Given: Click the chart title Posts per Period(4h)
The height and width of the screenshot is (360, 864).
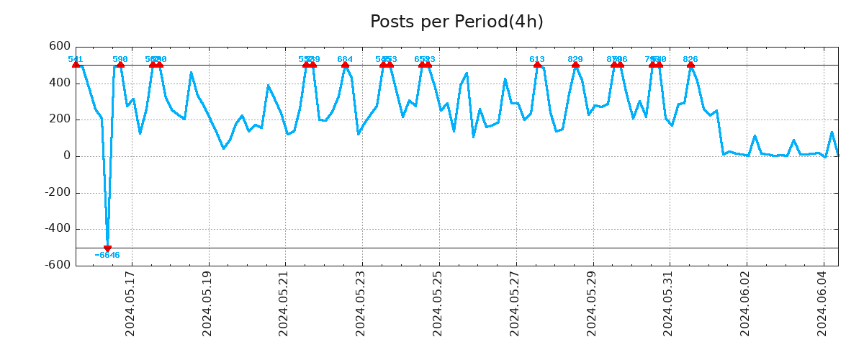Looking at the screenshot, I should point(456,22).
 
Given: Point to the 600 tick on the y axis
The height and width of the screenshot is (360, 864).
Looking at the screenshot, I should point(59,47).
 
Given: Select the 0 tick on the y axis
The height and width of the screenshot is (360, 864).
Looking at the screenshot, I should point(66,156).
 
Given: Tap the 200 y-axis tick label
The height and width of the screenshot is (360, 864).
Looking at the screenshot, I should point(59,120).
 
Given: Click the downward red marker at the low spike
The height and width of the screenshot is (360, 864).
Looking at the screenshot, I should point(107,248).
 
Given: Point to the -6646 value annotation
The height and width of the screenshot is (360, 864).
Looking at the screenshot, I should point(107,256).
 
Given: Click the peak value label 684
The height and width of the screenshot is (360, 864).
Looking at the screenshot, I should point(345,59).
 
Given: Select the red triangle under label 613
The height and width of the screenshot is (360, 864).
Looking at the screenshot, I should point(537,65).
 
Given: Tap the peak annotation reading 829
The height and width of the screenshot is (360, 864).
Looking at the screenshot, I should point(575,59).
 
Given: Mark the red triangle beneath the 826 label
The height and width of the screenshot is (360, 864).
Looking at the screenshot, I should point(690,65).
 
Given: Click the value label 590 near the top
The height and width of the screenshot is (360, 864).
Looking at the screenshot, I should point(120,59).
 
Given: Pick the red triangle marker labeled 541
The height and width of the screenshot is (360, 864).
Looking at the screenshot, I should point(76,65).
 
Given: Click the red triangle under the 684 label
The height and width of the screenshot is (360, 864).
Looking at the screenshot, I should point(345,65).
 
